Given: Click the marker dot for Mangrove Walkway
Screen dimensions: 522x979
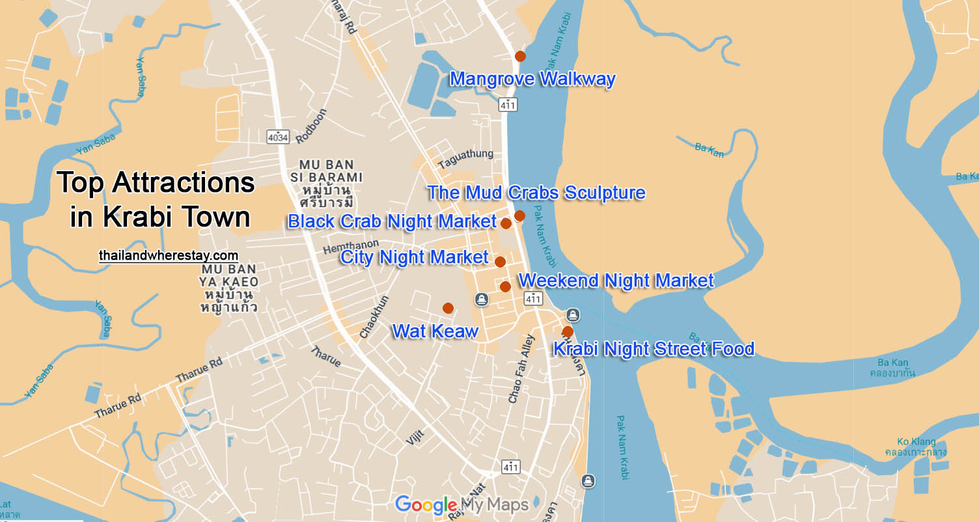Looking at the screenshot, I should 520,56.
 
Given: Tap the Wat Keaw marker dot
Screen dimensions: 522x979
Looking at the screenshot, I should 448,308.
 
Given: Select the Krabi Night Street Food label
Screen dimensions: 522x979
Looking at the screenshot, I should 653,349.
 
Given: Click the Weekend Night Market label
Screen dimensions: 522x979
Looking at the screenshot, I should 616,281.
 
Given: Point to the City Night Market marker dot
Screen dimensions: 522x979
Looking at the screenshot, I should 500,262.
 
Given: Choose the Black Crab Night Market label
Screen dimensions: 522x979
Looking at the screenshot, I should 392,221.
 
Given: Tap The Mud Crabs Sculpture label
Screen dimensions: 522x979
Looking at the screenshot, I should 536,193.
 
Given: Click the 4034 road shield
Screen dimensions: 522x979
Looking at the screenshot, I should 277,137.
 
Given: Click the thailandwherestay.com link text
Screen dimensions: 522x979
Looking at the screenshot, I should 168,256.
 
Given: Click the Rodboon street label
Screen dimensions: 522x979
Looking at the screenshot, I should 311,126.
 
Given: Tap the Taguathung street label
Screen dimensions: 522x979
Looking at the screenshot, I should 465,158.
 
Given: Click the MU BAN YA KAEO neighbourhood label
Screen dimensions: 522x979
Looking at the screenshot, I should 230,288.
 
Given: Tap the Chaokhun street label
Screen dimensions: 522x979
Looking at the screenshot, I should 374,317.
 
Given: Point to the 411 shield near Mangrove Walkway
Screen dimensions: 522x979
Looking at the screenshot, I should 508,104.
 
